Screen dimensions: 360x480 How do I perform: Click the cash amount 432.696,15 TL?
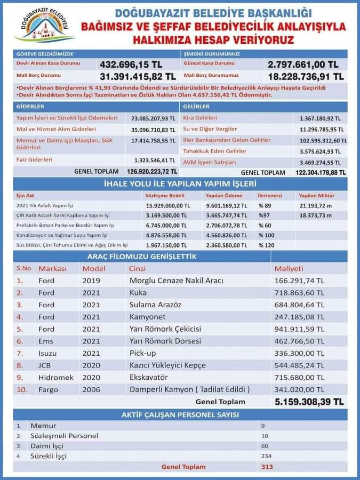click(131, 65)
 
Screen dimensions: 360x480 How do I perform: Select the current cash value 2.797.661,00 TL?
click(303, 65)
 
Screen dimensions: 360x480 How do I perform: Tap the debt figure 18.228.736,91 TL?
click(306, 76)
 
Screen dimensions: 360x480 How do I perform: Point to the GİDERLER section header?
click(30, 107)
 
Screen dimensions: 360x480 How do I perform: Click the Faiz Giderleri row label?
click(34, 159)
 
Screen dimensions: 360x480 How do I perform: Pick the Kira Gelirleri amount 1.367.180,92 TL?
click(320, 118)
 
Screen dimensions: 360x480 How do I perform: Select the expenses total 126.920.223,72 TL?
click(152, 171)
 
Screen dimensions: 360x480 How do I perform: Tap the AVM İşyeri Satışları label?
click(210, 162)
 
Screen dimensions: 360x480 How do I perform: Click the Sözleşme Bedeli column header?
click(165, 196)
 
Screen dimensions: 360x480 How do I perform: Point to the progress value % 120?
click(267, 245)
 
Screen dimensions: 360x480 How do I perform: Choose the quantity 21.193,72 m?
click(316, 206)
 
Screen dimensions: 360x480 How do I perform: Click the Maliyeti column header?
click(289, 268)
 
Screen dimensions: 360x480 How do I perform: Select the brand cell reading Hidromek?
click(56, 378)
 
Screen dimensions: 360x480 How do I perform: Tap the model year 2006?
click(91, 390)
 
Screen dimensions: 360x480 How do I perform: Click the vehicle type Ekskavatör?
click(149, 378)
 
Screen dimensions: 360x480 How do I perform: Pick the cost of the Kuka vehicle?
click(299, 293)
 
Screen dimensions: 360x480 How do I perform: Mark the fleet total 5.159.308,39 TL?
click(309, 402)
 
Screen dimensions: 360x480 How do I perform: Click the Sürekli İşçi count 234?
click(266, 456)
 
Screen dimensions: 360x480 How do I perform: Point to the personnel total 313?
click(267, 467)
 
